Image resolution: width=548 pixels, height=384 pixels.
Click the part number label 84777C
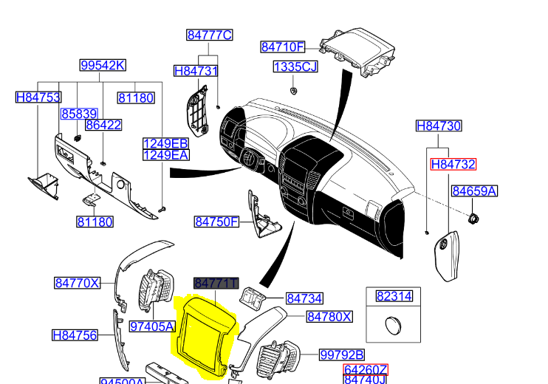[x=209, y=35]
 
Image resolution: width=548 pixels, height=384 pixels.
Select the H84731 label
[x=196, y=71]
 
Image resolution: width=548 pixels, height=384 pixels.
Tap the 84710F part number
[x=283, y=47]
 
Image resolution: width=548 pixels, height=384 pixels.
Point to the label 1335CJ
[x=295, y=67]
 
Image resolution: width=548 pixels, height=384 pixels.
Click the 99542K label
[x=103, y=65]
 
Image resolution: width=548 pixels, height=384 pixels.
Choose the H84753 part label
[x=38, y=97]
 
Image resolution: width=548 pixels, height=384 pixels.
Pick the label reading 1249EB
[x=165, y=143]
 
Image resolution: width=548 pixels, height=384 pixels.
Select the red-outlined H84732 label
[x=453, y=164]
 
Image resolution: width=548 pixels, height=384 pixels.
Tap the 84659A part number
[x=474, y=191]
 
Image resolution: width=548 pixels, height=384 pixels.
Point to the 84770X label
[x=77, y=283]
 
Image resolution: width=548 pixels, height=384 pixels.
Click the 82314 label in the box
[x=394, y=297]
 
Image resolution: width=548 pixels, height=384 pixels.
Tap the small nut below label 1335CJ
[x=294, y=90]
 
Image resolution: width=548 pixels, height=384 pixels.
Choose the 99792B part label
[x=342, y=355]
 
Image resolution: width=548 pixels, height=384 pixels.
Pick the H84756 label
[x=75, y=335]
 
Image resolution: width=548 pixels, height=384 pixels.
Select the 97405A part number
[x=152, y=326]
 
